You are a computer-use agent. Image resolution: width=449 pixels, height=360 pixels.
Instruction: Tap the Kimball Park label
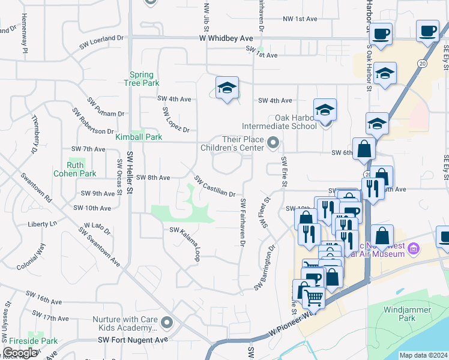tap(139, 137)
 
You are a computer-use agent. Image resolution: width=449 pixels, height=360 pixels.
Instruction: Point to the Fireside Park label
tap(29, 341)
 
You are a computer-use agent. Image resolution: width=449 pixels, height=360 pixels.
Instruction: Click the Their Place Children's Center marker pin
tap(274, 142)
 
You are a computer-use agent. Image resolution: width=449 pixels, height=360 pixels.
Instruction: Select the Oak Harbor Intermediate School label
tap(279, 122)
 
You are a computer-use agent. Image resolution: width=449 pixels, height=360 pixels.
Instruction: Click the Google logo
tap(20, 353)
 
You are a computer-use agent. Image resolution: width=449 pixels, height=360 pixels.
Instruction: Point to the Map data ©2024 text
tap(423, 355)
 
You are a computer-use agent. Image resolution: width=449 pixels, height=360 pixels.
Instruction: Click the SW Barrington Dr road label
tap(267, 267)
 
